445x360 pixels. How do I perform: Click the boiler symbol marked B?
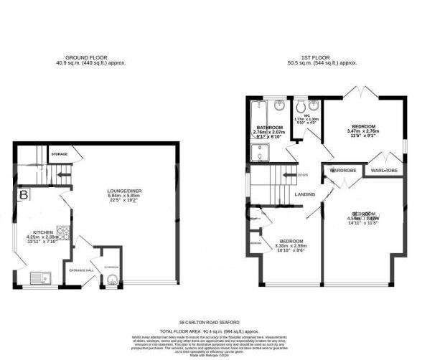coord(24,194)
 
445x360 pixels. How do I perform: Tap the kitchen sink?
coord(37,277)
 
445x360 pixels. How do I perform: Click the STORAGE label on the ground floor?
coord(60,153)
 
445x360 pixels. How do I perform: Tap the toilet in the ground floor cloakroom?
coord(111,282)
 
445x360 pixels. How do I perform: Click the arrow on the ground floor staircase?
coord(62,172)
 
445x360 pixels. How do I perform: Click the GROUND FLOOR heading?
coord(85,57)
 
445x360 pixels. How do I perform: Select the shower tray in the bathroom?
coord(258,151)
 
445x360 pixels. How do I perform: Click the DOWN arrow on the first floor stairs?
coord(291,174)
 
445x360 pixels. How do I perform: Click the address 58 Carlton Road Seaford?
coord(208,323)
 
